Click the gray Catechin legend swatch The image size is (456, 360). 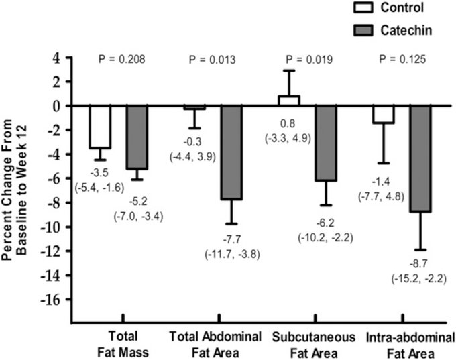tap(345, 30)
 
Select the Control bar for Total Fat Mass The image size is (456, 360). tap(100, 127)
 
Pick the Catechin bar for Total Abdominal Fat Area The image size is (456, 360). tap(232, 153)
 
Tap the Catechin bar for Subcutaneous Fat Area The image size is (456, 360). tap(326, 143)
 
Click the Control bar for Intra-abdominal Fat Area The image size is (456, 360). tap(384, 115)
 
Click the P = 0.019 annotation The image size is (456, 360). tap(307, 60)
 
